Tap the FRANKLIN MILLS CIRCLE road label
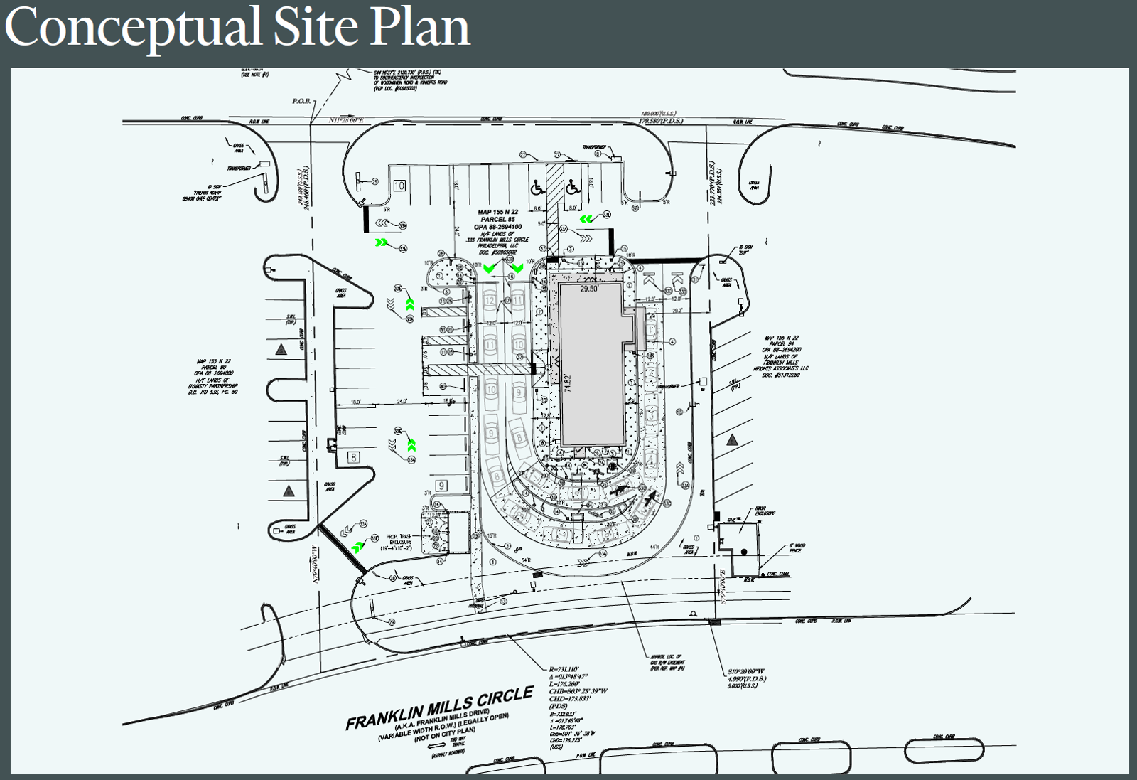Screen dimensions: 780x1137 439,707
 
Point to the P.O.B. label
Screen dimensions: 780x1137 302,101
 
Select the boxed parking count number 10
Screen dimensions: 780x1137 399,186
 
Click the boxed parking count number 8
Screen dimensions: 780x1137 353,457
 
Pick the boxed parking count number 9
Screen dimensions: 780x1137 441,486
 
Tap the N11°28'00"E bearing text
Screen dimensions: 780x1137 346,120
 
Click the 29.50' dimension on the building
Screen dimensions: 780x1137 589,289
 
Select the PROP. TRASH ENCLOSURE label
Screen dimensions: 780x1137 399,542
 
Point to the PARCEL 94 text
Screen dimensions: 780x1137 781,344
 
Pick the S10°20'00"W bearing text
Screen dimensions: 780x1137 746,671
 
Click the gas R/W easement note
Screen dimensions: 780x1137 667,663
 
